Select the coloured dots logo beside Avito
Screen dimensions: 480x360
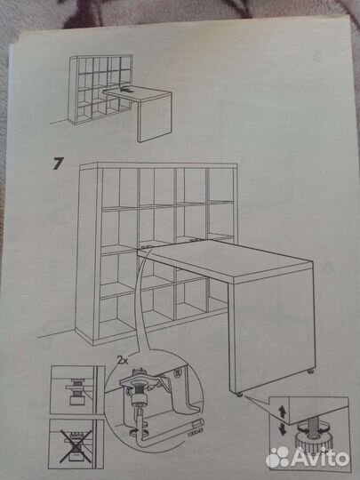279,457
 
